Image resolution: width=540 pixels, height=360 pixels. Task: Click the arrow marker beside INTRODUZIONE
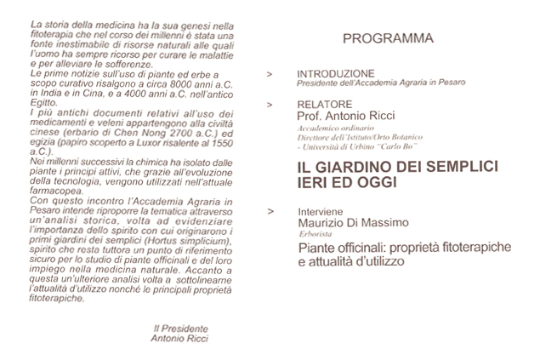270,75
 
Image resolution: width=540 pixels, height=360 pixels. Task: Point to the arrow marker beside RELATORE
270,104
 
